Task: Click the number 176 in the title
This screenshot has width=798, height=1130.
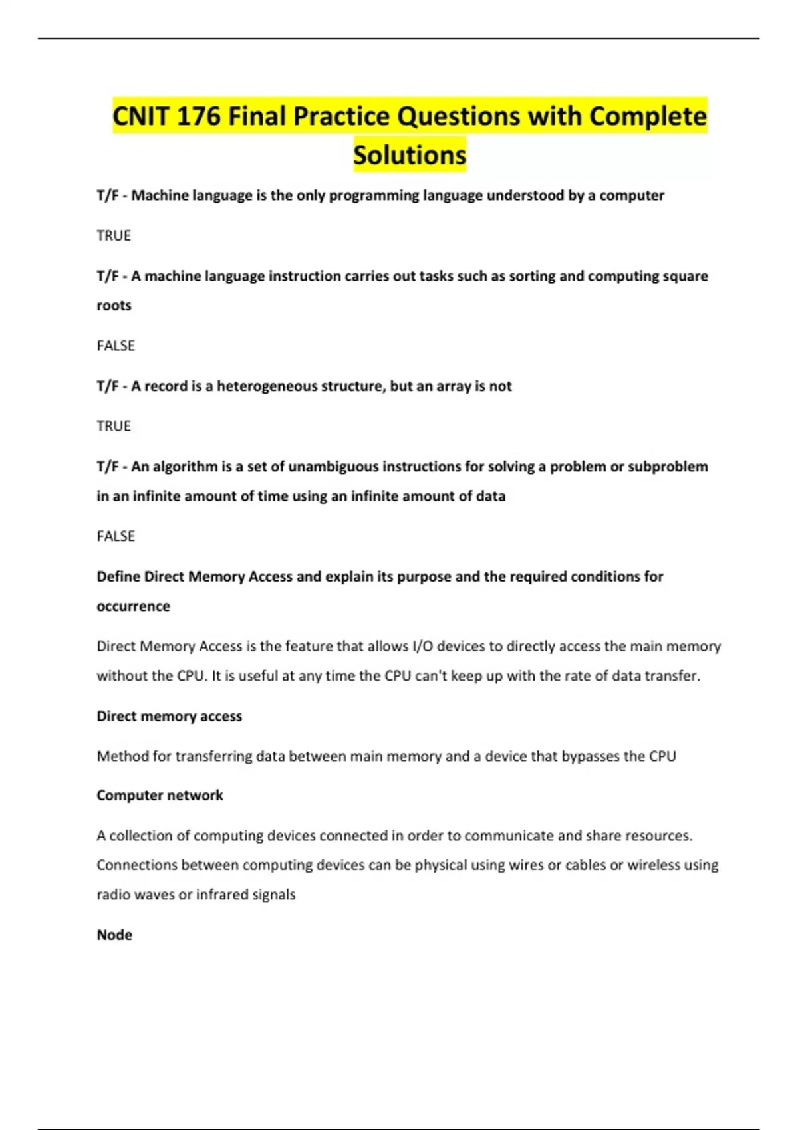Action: tap(198, 116)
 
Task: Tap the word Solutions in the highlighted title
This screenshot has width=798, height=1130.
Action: tap(410, 155)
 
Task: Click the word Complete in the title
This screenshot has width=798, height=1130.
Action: tap(648, 116)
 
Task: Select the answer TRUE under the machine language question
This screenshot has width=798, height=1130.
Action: tap(114, 235)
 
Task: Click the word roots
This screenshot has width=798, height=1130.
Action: tap(114, 306)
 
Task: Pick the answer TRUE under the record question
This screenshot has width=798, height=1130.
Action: tap(114, 426)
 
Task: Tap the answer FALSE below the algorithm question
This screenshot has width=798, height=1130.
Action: tap(116, 536)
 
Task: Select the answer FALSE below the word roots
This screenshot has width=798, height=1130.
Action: tap(116, 346)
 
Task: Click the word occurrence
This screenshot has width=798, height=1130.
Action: tap(133, 606)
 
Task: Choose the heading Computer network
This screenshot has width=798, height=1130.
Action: tap(160, 795)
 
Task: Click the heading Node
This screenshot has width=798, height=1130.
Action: tap(114, 935)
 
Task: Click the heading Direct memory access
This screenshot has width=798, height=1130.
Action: tap(169, 716)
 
